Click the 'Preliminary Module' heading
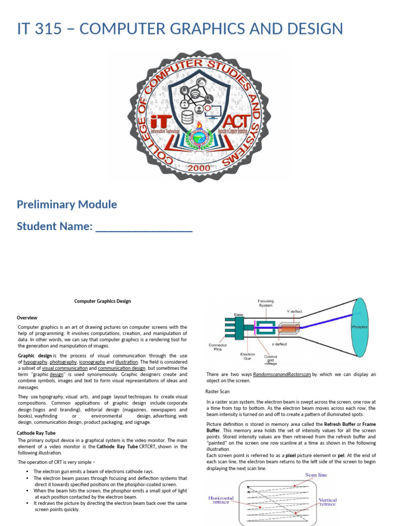[x=67, y=204]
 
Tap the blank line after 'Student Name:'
[x=144, y=227]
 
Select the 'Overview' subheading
[x=27, y=317]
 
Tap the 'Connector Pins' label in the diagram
[x=218, y=348]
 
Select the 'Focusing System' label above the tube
[x=266, y=303]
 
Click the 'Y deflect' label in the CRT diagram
[x=295, y=311]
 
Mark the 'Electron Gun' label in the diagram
[x=248, y=356]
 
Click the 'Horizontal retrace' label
[x=221, y=500]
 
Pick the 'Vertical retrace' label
[x=327, y=501]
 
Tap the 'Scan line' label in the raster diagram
[x=316, y=475]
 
